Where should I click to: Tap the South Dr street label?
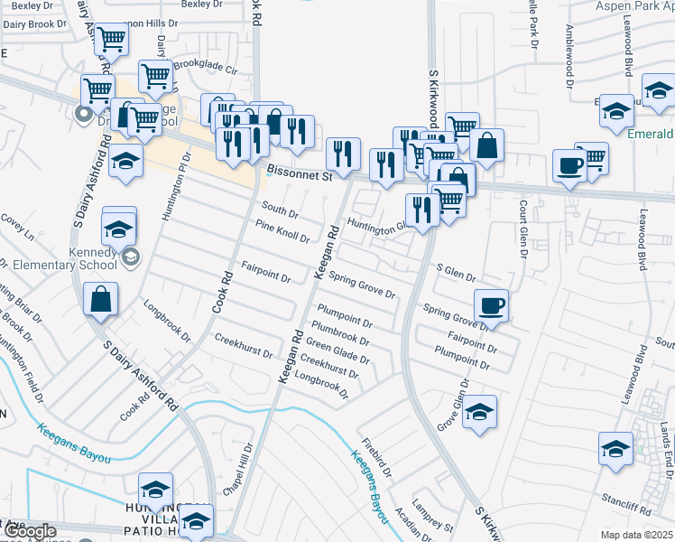pos(280,210)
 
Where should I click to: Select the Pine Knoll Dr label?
pos(282,232)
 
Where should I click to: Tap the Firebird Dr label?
pos(377,458)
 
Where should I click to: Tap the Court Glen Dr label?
pos(522,229)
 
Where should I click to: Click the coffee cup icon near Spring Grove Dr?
pos(491,305)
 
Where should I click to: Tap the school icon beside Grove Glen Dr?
pos(480,412)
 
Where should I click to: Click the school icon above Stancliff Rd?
pos(615,448)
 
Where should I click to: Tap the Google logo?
pos(29,531)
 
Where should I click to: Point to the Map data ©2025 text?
pos(637,535)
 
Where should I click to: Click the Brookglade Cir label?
pos(205,67)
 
